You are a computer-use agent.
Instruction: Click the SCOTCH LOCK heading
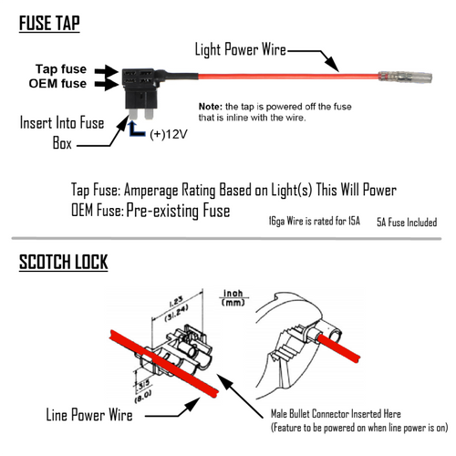(63, 264)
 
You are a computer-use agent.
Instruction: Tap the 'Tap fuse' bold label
(62, 69)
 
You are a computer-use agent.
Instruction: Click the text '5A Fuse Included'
(406, 222)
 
